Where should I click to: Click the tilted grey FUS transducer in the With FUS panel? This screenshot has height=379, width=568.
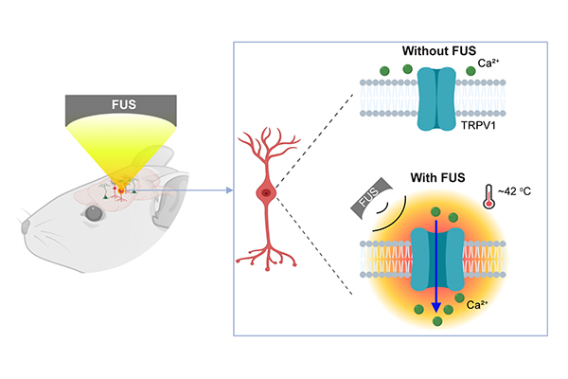(x=365, y=202)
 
